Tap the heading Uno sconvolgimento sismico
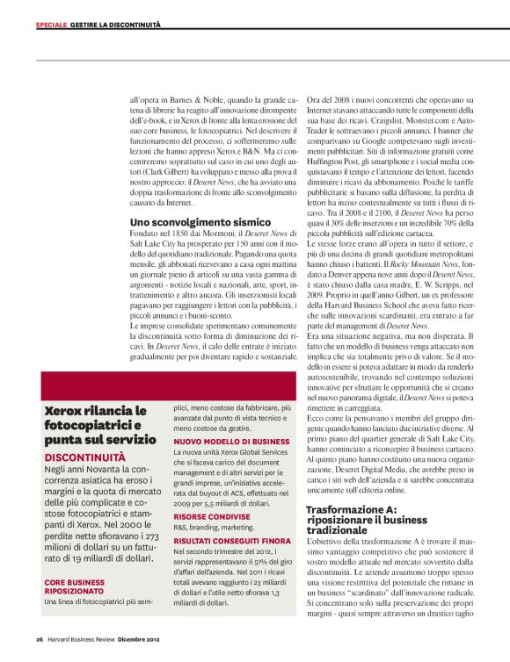click(187, 222)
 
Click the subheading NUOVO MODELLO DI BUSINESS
click(231, 441)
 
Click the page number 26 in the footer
click(40, 638)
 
